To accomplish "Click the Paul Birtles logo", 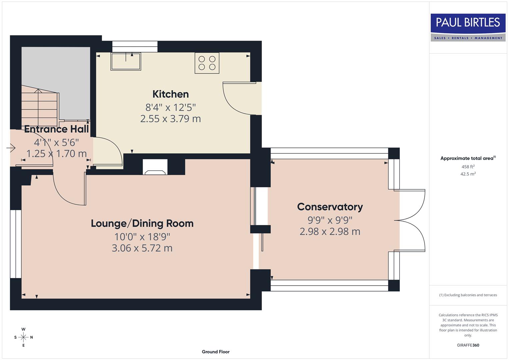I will click(468, 27).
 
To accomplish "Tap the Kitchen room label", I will click(170, 94).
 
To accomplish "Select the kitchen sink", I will click(126, 61).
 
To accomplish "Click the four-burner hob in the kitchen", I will click(207, 63).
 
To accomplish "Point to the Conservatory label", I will click(330, 207).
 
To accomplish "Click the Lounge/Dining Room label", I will click(142, 223).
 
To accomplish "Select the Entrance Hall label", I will click(56, 129).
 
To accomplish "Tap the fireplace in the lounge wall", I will click(155, 168).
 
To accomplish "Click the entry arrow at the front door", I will click(11, 148).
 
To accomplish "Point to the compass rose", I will click(23, 337).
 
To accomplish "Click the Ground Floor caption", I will click(215, 352).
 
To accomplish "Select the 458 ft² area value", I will click(468, 167).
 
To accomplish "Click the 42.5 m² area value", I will click(468, 174).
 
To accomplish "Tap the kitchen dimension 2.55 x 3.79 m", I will click(170, 119).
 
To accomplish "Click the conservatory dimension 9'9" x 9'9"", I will click(330, 220).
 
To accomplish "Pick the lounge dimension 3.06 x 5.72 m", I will click(142, 248).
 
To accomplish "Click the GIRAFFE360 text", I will click(468, 345).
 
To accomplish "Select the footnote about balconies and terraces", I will click(468, 295).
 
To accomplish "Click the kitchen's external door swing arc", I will click(233, 102).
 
